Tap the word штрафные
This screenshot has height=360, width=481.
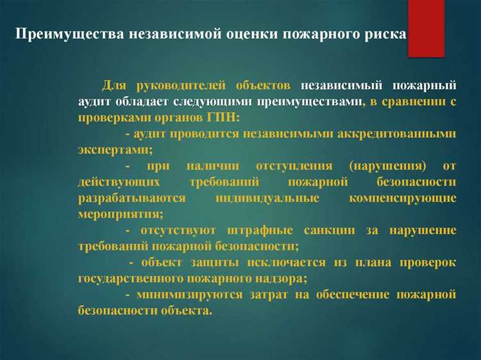[264, 230]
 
